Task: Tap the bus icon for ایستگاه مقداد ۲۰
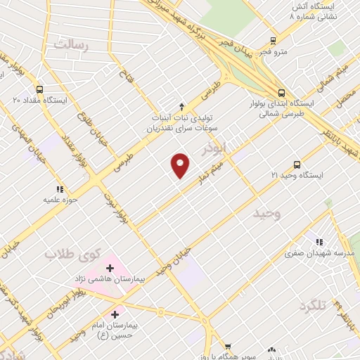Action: coord(39,90)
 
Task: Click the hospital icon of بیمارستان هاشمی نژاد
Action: coord(109,268)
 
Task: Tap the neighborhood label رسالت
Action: coord(68,44)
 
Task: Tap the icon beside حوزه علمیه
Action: coord(60,189)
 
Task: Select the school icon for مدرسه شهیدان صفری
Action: coord(320,241)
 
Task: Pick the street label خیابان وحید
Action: coord(174,261)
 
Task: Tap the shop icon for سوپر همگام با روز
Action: coord(228,347)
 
